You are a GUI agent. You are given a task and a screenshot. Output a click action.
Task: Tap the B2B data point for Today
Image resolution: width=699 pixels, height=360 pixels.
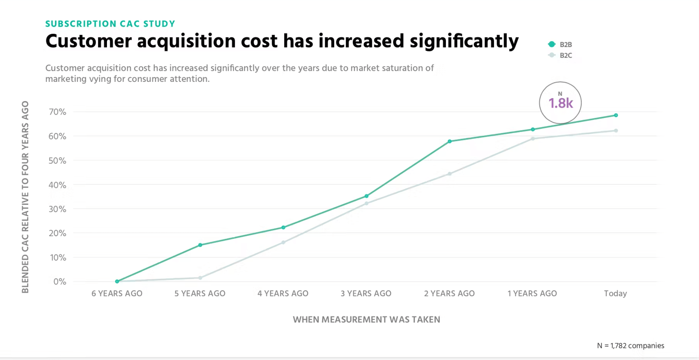[x=616, y=115]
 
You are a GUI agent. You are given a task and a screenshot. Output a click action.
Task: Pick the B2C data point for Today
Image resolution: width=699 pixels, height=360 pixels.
[x=616, y=131]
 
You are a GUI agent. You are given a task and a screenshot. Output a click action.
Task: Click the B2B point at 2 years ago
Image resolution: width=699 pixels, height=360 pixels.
[x=449, y=142]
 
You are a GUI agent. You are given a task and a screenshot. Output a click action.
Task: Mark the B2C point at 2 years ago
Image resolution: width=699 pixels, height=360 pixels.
[x=449, y=174]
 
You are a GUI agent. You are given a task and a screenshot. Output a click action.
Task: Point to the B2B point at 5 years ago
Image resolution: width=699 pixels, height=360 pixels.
[x=200, y=245]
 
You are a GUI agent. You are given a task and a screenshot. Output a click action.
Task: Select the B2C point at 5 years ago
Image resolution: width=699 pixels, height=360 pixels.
[x=200, y=278]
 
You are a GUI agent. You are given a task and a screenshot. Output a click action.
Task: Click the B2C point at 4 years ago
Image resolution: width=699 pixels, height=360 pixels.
[x=283, y=242]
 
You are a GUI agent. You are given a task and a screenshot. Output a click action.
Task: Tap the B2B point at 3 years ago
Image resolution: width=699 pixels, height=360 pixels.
[x=366, y=196]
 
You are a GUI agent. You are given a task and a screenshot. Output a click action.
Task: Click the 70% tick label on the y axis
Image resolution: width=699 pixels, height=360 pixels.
[x=58, y=112]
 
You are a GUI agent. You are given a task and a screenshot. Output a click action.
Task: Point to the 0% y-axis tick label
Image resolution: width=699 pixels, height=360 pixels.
[x=60, y=282]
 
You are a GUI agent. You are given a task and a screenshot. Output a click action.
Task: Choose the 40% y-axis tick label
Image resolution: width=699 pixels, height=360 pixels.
[x=58, y=185]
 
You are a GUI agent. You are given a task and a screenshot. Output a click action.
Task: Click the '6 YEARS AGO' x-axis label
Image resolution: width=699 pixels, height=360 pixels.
[x=117, y=293]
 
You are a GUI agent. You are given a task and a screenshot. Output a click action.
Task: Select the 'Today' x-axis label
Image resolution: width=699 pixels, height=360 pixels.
[x=615, y=293]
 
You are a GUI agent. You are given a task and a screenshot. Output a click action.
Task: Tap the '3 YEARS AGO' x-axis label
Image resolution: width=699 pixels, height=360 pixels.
[x=366, y=293]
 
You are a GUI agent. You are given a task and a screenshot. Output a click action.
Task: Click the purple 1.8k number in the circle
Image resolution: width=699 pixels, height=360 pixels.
[x=561, y=103]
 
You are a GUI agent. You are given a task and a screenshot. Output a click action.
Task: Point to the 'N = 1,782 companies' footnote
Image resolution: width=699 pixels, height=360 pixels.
[x=631, y=346]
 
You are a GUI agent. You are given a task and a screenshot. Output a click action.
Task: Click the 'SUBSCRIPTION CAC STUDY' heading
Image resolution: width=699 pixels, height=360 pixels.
[x=110, y=24]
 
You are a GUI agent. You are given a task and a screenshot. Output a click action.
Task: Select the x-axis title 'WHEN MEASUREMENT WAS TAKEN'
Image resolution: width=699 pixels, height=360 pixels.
[x=366, y=319]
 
